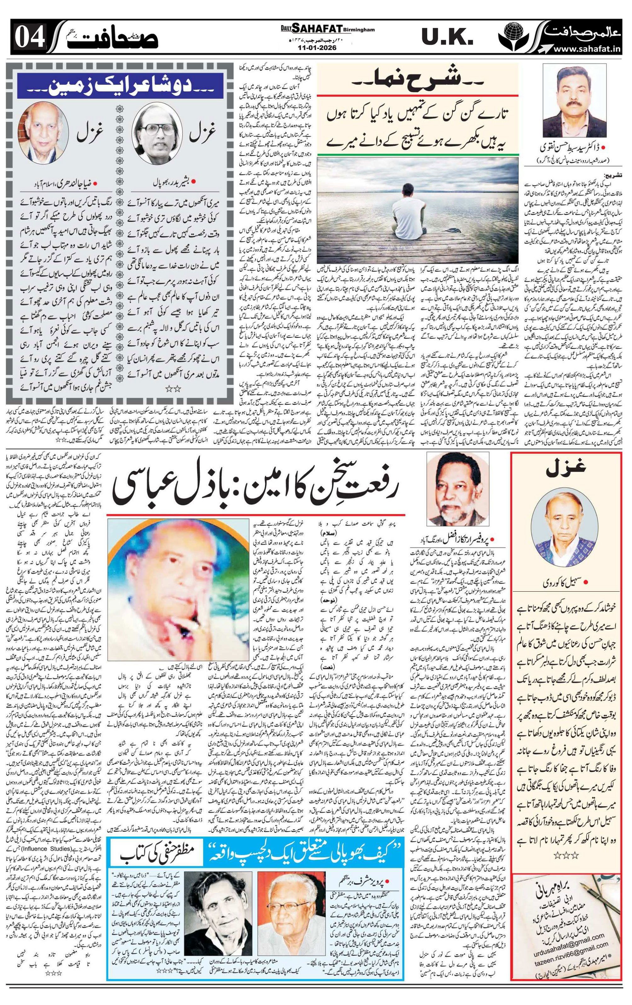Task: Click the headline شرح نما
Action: pos(417,80)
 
